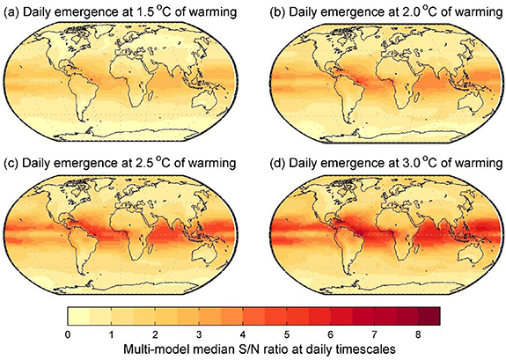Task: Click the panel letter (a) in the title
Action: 12,11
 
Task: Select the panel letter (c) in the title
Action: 12,163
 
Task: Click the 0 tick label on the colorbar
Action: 68,334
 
